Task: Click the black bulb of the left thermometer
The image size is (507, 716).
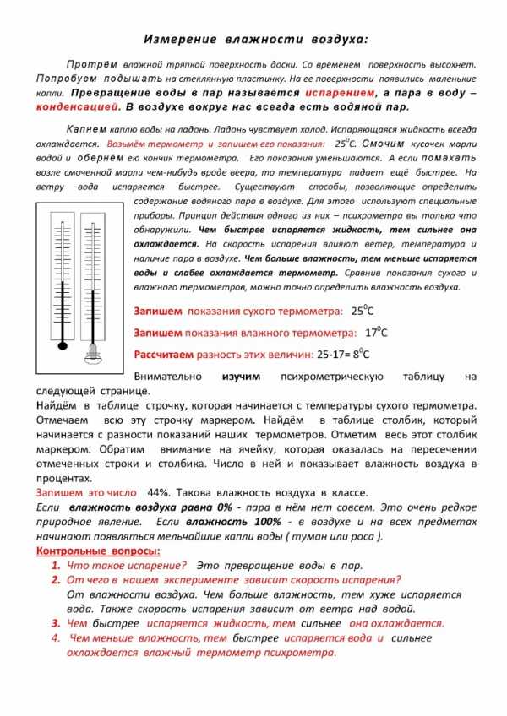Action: (x=61, y=344)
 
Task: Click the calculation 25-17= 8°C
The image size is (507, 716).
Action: (x=342, y=354)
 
